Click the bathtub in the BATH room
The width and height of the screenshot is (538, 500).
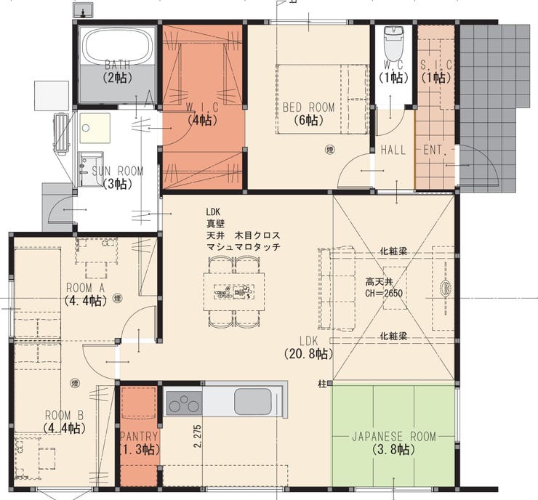(x=116, y=47)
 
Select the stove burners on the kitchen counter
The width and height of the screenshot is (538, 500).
(x=184, y=401)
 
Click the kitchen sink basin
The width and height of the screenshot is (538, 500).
(x=252, y=401)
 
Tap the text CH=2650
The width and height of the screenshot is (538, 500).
(x=384, y=294)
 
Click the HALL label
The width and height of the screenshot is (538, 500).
(x=393, y=150)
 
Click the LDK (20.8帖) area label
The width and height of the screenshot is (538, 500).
(x=308, y=347)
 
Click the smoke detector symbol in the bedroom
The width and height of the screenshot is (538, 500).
(x=329, y=150)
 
